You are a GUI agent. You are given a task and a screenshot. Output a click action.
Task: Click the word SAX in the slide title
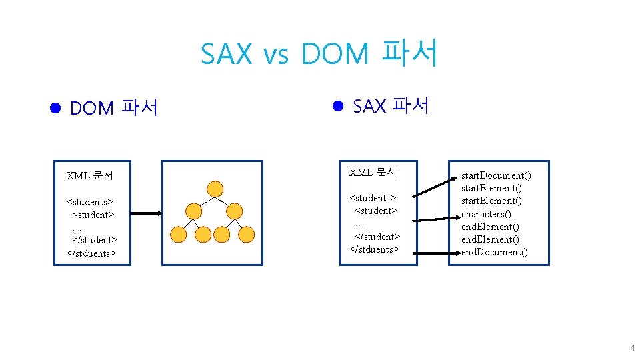pyautogui.click(x=227, y=54)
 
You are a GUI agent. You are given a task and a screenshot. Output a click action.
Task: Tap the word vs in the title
pyautogui.click(x=276, y=56)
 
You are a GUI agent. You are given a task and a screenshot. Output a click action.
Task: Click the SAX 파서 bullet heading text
pyautogui.click(x=390, y=105)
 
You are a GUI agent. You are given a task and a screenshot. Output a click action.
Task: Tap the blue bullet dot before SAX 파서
pyautogui.click(x=337, y=105)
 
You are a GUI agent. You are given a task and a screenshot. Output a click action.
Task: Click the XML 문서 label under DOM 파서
pyautogui.click(x=90, y=176)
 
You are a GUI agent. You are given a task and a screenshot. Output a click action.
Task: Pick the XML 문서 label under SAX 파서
pyautogui.click(x=373, y=173)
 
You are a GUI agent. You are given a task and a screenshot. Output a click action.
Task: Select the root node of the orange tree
pyautogui.click(x=214, y=189)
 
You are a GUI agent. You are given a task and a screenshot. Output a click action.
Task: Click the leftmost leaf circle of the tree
pyautogui.click(x=179, y=234)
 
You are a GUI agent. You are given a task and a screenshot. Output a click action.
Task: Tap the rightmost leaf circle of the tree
pyautogui.click(x=247, y=234)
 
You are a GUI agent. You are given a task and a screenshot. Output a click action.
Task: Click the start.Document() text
pyautogui.click(x=497, y=176)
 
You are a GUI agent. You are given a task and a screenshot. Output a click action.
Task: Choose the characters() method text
pyautogui.click(x=486, y=214)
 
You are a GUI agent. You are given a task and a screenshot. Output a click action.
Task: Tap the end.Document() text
pyautogui.click(x=495, y=252)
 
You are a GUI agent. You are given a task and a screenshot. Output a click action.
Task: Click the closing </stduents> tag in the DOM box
pyautogui.click(x=91, y=253)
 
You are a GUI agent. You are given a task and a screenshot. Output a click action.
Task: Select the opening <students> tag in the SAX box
pyautogui.click(x=373, y=198)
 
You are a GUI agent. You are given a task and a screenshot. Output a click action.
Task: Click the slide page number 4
pyautogui.click(x=632, y=349)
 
